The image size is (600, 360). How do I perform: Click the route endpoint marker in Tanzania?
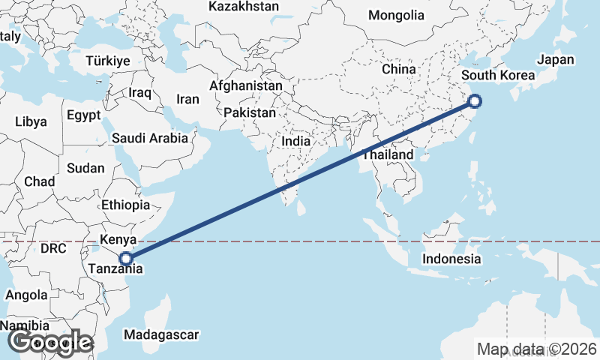coord(127,259)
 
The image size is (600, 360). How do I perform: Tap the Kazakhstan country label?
coord(244,7)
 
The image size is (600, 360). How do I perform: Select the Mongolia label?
coord(396,15)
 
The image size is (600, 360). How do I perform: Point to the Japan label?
coord(555,60)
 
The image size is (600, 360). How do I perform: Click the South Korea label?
coord(498,75)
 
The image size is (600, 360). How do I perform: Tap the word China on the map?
coord(398,69)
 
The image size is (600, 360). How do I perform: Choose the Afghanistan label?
coord(246,85)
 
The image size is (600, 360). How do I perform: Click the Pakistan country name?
coord(250,112)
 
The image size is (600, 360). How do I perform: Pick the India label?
coord(295,140)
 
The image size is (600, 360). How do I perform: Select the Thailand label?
coord(388,155)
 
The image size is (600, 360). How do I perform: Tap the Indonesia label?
coord(451,259)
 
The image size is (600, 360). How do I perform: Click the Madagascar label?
coord(161,334)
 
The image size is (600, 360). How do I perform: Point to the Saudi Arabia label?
coord(149,138)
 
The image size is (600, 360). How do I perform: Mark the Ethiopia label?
coord(126,205)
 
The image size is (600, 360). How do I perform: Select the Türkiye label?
coord(109,61)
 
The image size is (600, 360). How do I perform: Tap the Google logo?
coord(49,342)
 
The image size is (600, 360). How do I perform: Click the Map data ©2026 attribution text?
coord(537,349)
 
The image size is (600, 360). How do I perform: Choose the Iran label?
coord(187,99)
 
